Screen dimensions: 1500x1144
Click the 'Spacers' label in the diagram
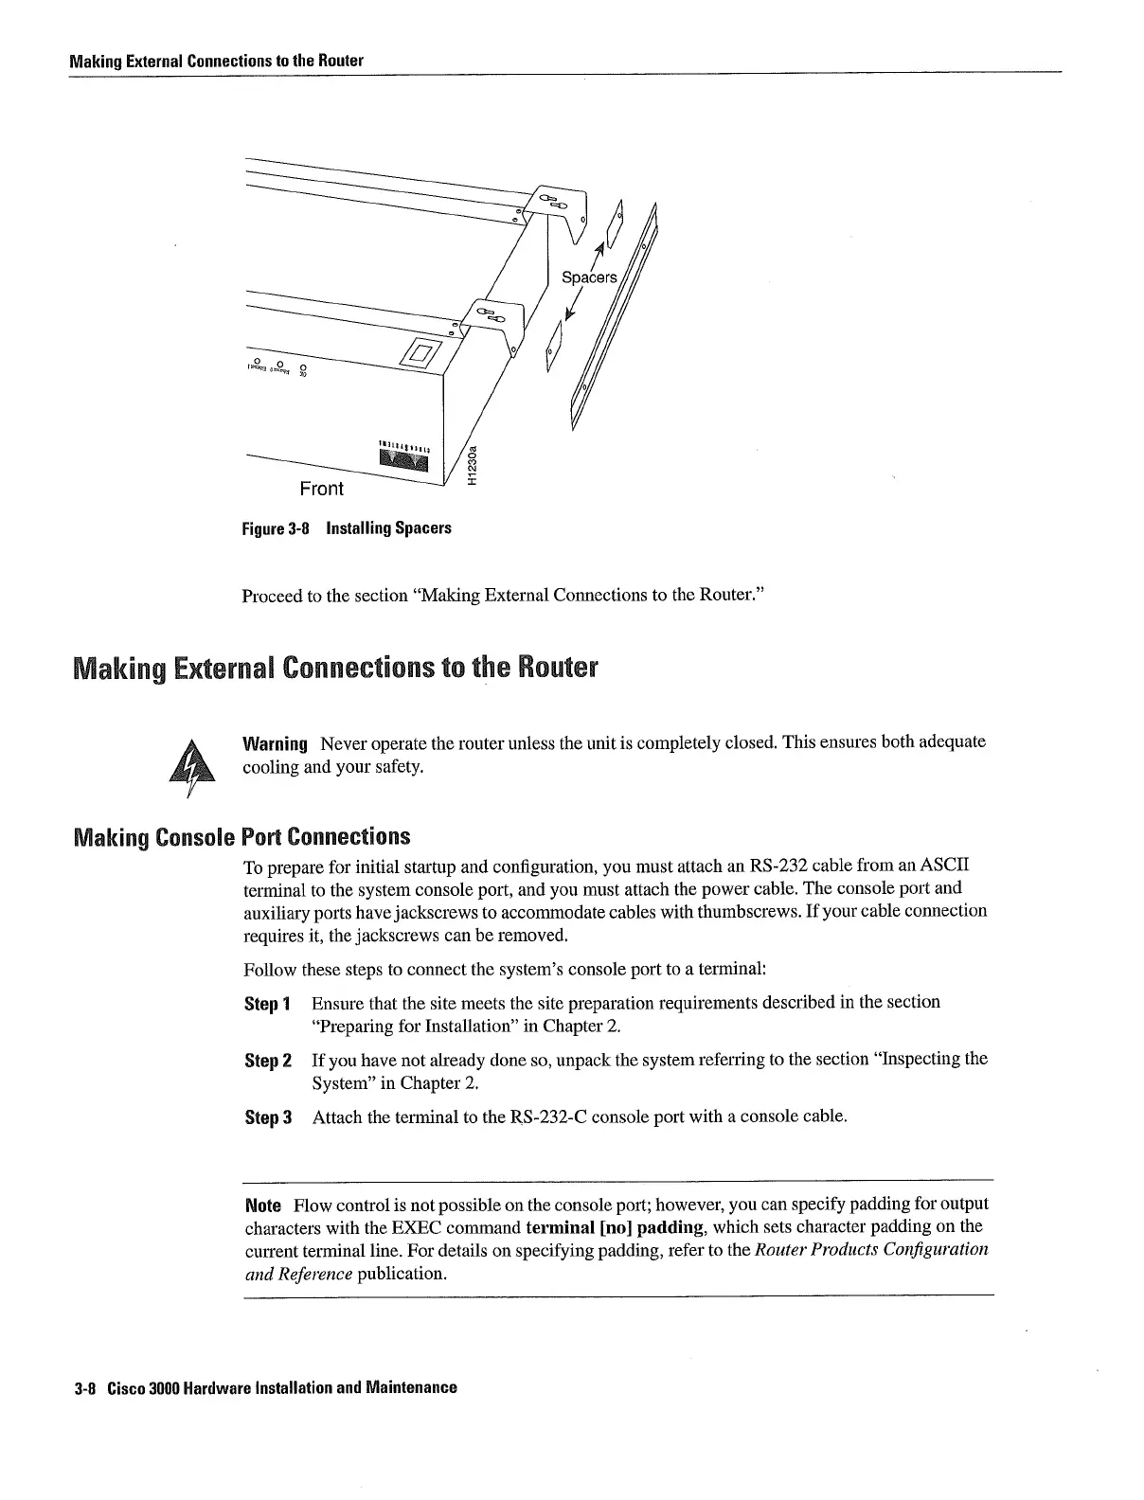pos(589,277)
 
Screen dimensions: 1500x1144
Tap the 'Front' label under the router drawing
pos(321,489)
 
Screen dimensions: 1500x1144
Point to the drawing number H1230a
pos(474,466)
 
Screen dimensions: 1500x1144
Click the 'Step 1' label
pos(267,1003)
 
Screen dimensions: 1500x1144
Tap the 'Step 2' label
pos(267,1060)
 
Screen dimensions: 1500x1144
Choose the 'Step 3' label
pos(267,1117)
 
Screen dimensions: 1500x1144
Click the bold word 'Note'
pos(262,1205)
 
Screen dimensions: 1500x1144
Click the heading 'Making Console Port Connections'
pos(241,837)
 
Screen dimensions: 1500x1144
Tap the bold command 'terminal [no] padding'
pos(615,1228)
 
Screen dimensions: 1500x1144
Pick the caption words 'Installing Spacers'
pos(388,528)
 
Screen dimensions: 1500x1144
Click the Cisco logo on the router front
pos(404,458)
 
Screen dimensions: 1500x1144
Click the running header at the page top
pos(216,61)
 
